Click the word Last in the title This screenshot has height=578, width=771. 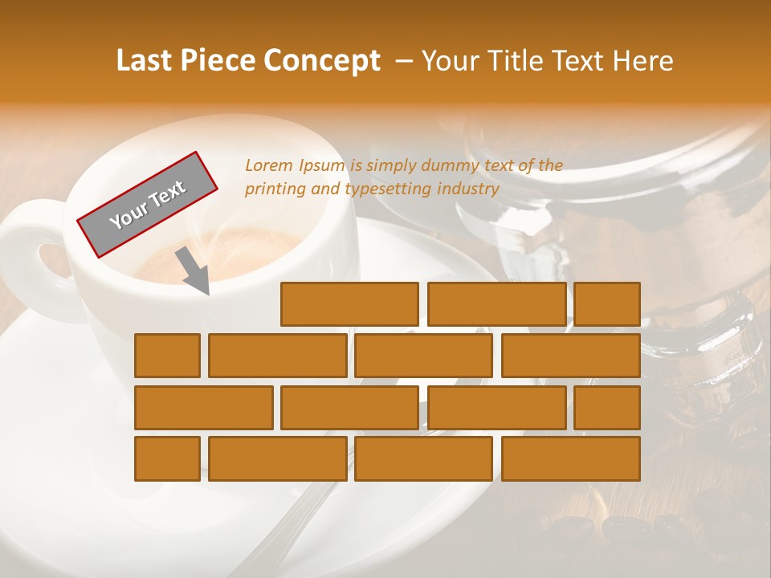[x=146, y=61]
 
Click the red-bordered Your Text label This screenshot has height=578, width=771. [x=147, y=204]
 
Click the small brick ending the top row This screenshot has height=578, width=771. [x=607, y=304]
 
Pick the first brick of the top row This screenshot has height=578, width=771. [x=349, y=304]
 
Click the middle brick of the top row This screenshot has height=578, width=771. [x=496, y=304]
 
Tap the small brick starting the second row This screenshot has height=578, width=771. [x=167, y=356]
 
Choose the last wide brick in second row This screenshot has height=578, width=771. [x=570, y=356]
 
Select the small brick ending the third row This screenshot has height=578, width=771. [x=607, y=408]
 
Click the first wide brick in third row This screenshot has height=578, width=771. [x=203, y=408]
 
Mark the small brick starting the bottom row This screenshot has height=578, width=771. [x=167, y=459]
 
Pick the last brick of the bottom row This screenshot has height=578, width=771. [x=570, y=459]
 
